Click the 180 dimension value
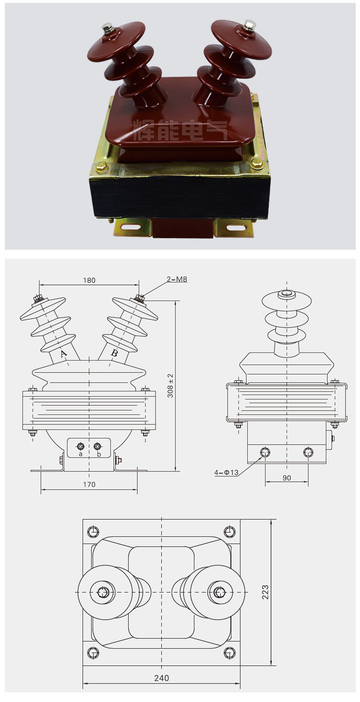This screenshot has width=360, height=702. (x=89, y=280)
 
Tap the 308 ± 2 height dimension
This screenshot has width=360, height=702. (x=170, y=385)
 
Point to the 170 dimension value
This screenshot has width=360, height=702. (x=89, y=484)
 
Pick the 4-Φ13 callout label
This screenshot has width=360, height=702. (x=227, y=472)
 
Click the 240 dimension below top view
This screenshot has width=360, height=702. (x=161, y=678)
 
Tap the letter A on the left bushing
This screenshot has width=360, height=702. (x=63, y=354)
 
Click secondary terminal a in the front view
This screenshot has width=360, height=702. (x=81, y=447)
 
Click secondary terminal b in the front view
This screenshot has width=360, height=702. (x=98, y=447)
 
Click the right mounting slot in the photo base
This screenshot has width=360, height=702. (x=235, y=229)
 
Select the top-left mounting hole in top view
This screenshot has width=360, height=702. (x=93, y=532)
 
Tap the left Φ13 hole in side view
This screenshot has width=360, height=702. (x=264, y=452)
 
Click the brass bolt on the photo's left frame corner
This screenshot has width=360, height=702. (x=102, y=168)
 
